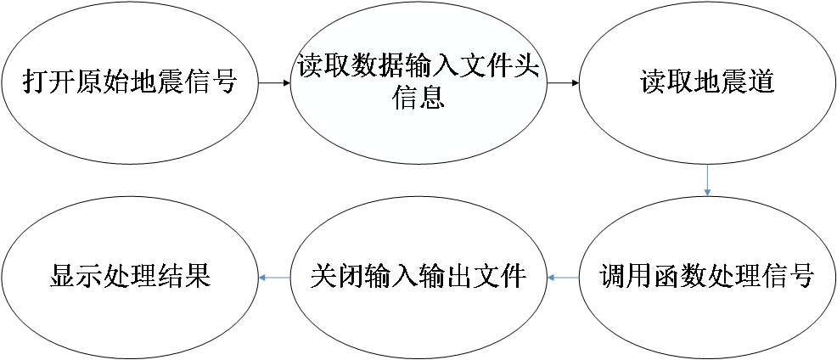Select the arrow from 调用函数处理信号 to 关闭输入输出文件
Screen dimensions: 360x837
coord(563,277)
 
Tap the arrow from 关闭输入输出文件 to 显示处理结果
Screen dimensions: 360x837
coord(274,277)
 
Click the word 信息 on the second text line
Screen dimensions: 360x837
coord(418,98)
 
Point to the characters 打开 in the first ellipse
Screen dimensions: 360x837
coord(48,83)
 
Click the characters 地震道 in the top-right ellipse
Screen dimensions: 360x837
coord(729,83)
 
